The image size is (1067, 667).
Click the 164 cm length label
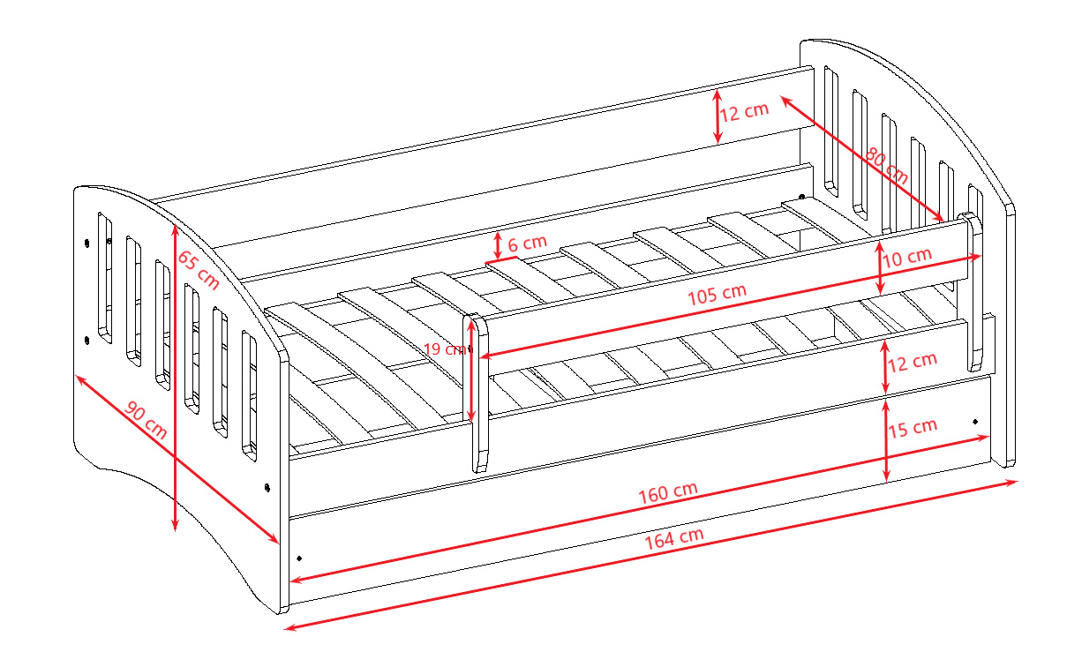(674, 538)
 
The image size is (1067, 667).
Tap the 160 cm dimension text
(668, 492)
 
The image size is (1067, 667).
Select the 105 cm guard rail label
(717, 294)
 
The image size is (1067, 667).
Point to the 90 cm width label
(146, 420)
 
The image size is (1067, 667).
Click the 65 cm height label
(199, 270)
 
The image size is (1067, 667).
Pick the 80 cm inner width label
(886, 165)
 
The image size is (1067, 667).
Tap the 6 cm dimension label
(527, 244)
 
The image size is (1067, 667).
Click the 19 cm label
(445, 349)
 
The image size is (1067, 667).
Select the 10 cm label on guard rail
(907, 258)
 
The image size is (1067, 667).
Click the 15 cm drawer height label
(913, 428)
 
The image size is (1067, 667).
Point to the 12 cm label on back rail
(744, 112)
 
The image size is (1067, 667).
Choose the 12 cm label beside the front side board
(913, 363)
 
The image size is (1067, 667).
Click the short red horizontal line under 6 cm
(501, 260)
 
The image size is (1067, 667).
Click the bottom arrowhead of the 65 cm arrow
(175, 526)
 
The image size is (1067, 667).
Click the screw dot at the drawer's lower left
(299, 558)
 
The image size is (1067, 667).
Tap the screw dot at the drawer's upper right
(975, 422)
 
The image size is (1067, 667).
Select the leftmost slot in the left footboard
(105, 278)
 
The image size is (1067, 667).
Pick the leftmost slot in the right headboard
(831, 131)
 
